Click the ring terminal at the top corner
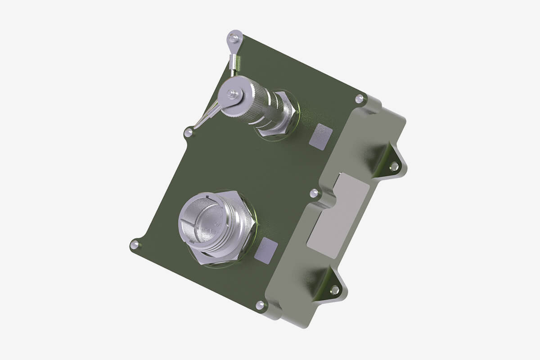click(234, 38)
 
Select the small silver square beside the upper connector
click(321, 137)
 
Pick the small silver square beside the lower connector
click(266, 250)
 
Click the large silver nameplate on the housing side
click(338, 215)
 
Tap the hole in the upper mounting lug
click(394, 166)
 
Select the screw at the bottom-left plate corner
click(134, 244)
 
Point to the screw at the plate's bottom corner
click(260, 305)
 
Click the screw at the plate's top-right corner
click(359, 99)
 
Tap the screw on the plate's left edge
click(189, 132)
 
